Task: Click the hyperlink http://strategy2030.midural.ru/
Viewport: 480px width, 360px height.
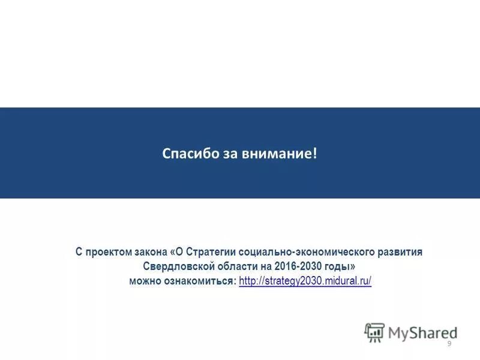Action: pos(305,281)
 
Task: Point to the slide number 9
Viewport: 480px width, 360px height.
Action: pos(449,343)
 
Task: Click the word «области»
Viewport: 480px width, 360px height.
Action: pos(232,266)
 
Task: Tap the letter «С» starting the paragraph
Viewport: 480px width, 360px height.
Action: pos(79,252)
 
